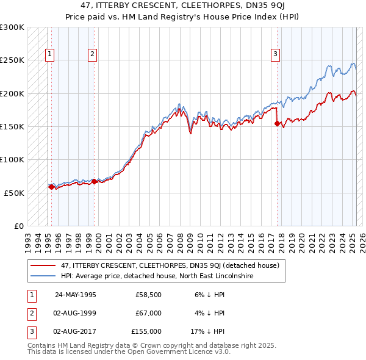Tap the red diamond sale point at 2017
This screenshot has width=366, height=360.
tap(278, 123)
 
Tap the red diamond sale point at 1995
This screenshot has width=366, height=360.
tap(51, 187)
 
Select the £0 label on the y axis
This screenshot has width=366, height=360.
tap(18, 225)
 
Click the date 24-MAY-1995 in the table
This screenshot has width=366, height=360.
tap(76, 294)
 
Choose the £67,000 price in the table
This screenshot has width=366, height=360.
tap(148, 312)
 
